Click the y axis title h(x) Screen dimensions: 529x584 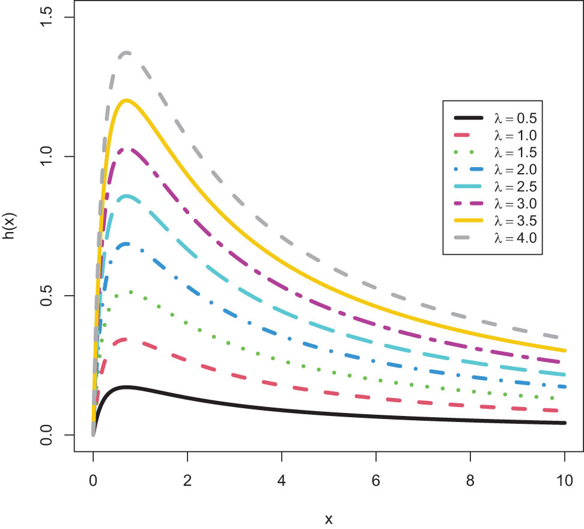pos(13,225)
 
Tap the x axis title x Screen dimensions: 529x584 pos(329,517)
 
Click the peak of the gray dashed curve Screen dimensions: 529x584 pos(126,53)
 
